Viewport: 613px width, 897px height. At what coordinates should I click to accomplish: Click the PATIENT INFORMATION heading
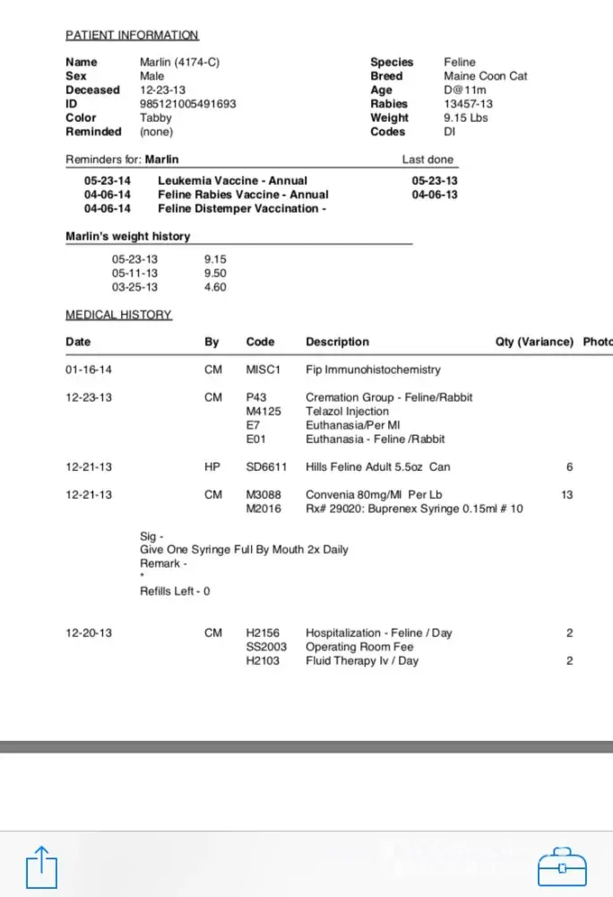(132, 35)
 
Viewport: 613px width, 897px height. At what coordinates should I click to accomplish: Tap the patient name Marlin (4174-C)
(179, 62)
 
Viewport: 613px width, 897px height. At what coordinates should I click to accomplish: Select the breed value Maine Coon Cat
(485, 76)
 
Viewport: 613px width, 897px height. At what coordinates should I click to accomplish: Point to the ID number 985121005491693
(187, 104)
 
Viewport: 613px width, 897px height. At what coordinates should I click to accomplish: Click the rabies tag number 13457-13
(468, 104)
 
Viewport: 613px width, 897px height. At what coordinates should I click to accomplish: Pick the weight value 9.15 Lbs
(465, 118)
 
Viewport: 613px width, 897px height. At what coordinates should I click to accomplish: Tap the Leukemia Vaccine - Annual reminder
(232, 180)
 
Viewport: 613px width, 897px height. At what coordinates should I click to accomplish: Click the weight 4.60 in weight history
(215, 287)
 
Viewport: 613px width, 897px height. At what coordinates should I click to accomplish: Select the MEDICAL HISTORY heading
(118, 315)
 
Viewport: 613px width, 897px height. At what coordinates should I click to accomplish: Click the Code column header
(260, 342)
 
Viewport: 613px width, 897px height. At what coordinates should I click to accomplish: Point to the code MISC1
(263, 370)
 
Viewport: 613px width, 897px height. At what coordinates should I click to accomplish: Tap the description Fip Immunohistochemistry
(373, 370)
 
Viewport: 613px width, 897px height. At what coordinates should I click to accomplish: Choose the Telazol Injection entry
(347, 411)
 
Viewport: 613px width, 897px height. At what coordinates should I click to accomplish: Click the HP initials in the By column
(212, 467)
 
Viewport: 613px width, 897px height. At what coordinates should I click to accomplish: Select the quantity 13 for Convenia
(566, 495)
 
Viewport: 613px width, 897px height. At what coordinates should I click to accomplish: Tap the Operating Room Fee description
(359, 647)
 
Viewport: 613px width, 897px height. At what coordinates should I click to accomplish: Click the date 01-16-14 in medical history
(89, 370)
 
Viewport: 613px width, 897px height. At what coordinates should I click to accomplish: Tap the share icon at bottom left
(41, 867)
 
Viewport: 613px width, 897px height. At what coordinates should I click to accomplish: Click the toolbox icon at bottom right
(562, 867)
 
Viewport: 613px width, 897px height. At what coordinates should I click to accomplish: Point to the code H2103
(263, 661)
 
